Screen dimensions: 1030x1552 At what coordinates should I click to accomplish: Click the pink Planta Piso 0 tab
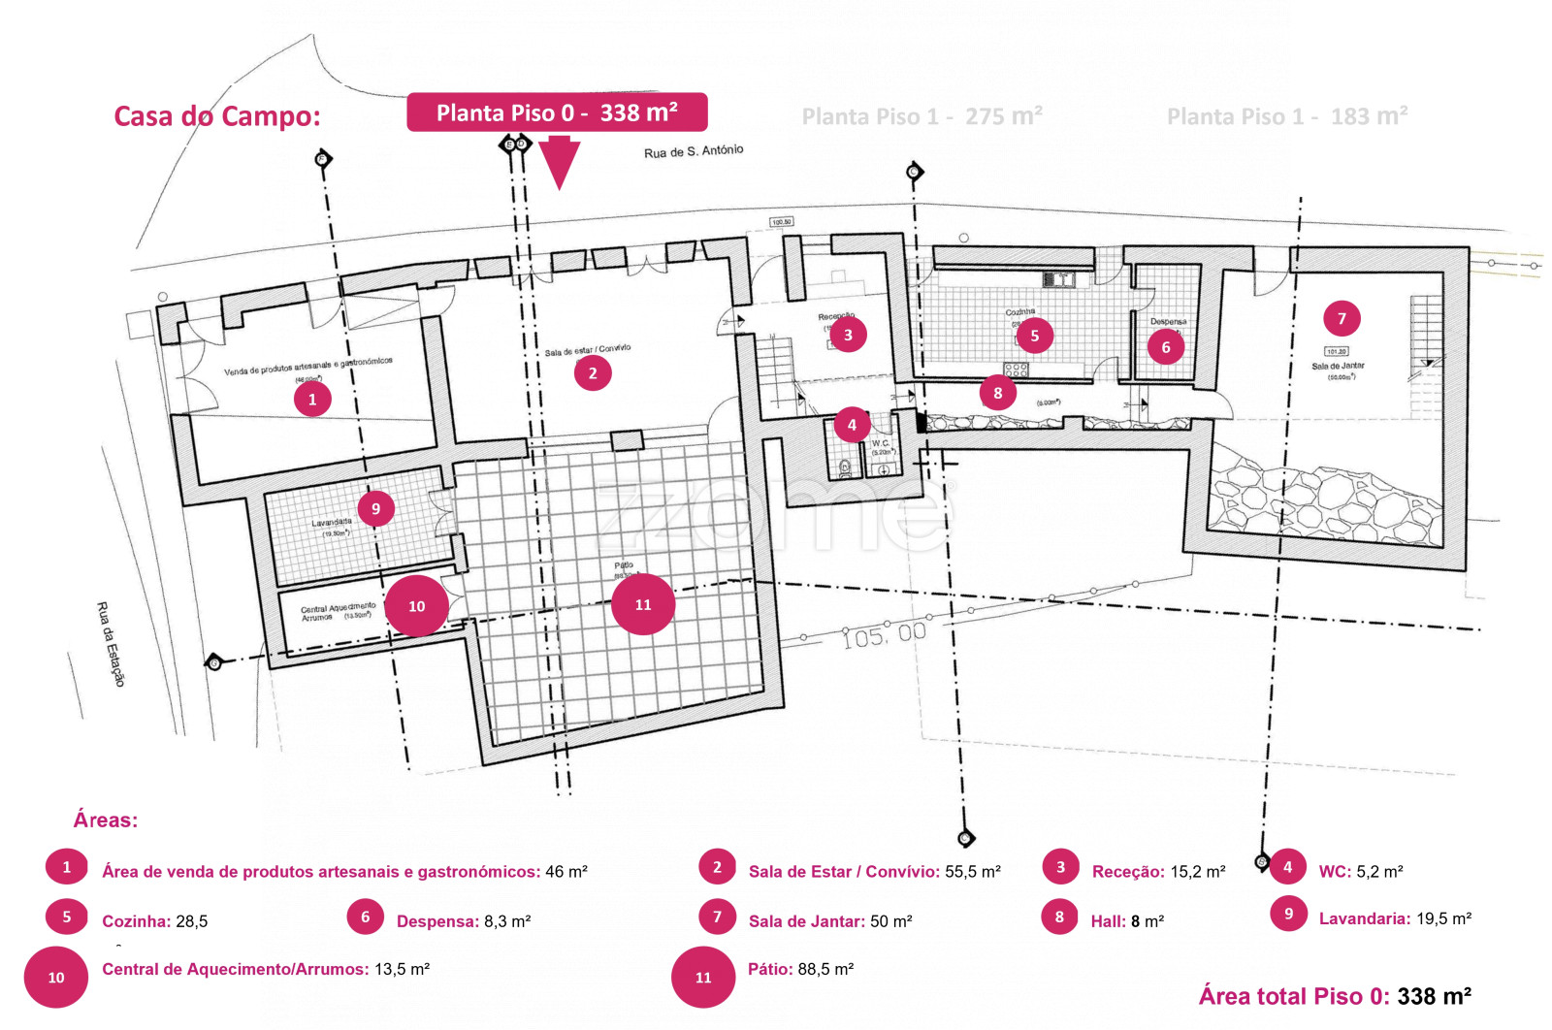click(x=557, y=113)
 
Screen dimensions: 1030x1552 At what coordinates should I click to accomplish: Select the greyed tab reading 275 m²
click(x=921, y=116)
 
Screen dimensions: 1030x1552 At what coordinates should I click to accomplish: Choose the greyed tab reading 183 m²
click(x=1287, y=116)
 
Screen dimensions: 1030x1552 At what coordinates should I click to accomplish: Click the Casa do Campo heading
click(x=217, y=116)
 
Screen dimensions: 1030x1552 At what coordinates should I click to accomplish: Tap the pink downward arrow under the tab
click(x=560, y=163)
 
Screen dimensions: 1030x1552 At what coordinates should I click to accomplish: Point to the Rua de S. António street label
click(x=694, y=151)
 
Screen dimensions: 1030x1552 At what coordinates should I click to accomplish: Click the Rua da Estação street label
click(x=111, y=644)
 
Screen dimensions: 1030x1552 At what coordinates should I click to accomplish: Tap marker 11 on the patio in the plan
click(x=643, y=604)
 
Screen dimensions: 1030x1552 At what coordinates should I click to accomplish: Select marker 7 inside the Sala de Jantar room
click(x=1342, y=318)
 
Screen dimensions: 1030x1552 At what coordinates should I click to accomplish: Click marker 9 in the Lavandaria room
click(x=375, y=508)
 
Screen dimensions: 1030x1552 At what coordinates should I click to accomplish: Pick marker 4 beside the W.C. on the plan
click(x=852, y=424)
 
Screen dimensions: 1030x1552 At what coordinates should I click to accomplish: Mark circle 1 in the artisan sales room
click(x=312, y=399)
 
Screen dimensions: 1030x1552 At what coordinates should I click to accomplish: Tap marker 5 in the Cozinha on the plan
click(x=1035, y=336)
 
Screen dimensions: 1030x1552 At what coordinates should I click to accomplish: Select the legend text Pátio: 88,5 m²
click(x=800, y=969)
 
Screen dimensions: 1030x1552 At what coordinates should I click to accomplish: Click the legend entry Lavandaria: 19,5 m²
click(x=1395, y=918)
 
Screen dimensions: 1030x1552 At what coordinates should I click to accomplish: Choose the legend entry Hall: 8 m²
click(x=1127, y=921)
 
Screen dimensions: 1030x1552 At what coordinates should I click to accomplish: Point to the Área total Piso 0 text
click(x=1335, y=996)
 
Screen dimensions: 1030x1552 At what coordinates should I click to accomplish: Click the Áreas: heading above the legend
click(x=106, y=821)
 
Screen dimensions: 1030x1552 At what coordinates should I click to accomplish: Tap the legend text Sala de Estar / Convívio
click(x=874, y=871)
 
